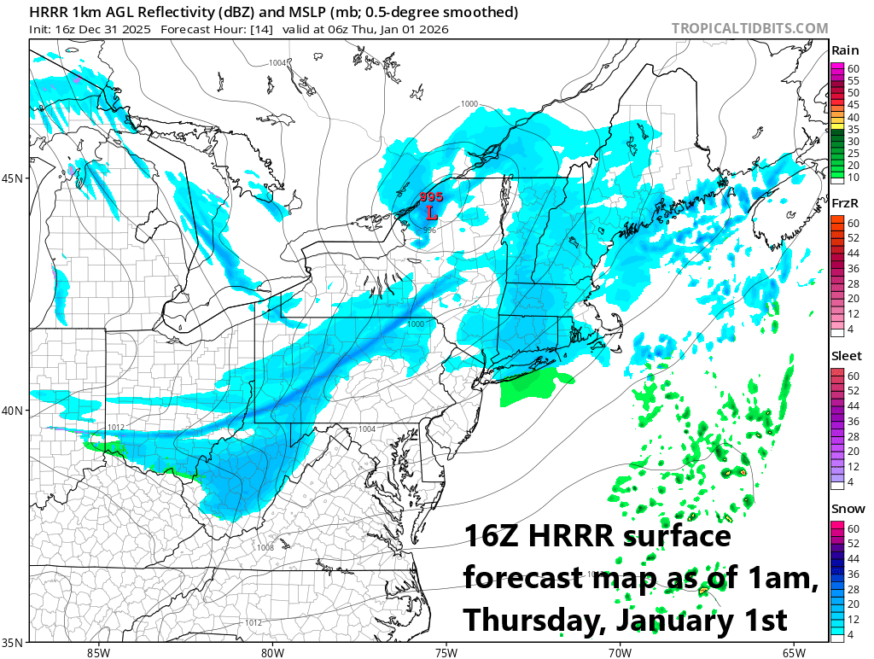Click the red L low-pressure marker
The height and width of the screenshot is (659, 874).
click(x=432, y=210)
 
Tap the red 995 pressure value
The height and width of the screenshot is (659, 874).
click(x=432, y=196)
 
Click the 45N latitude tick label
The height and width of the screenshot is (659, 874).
click(x=15, y=178)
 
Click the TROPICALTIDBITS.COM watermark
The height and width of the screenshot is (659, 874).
click(x=749, y=28)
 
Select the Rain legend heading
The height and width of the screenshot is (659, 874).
click(x=845, y=51)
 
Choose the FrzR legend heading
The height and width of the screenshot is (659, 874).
click(x=845, y=204)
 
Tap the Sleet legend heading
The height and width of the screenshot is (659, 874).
click(x=847, y=356)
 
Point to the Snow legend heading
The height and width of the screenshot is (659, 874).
click(x=846, y=509)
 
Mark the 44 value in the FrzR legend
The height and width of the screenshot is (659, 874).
click(x=853, y=254)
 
